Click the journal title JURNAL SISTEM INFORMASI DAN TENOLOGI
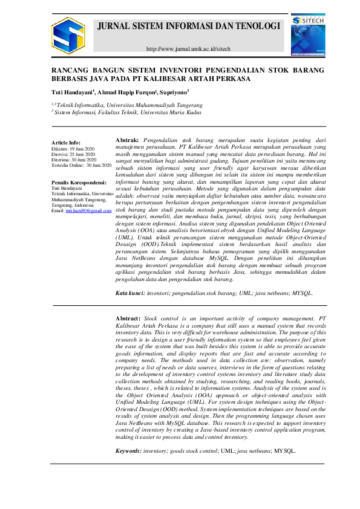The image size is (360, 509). [x=188, y=27]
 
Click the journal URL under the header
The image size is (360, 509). [x=188, y=48]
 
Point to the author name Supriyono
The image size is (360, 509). [x=172, y=92]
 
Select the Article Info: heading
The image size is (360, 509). [x=66, y=143]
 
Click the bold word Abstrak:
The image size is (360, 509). [x=127, y=140]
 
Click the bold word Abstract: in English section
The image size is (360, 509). [x=128, y=318]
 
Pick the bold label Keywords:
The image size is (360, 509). [x=129, y=451]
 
